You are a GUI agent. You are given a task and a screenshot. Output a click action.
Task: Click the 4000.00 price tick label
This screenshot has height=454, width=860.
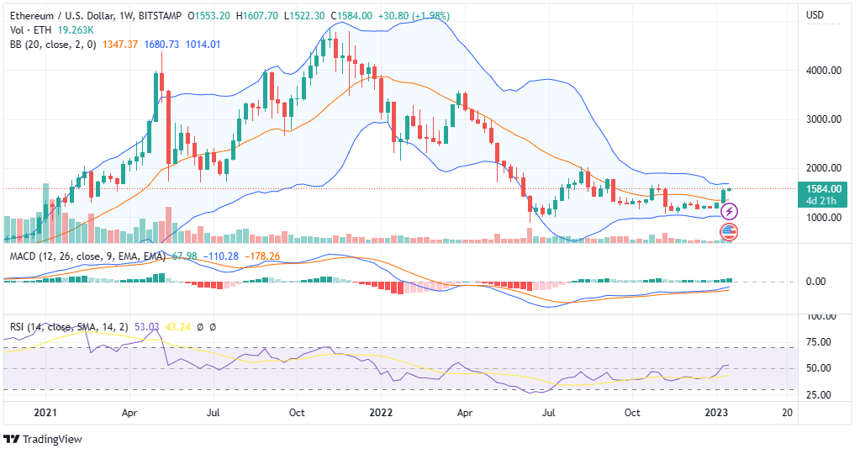(825, 71)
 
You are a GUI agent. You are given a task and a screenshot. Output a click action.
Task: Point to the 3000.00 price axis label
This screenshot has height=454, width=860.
(825, 119)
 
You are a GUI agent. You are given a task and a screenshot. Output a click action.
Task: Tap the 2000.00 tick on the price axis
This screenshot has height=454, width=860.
(825, 168)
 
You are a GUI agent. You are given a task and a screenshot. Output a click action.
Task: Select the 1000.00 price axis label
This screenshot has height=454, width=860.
(825, 218)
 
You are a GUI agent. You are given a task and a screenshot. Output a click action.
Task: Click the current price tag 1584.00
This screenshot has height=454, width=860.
(825, 189)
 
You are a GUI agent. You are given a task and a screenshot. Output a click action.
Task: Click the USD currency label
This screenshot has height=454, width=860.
(815, 15)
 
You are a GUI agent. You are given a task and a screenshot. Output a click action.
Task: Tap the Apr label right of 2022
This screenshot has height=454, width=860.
(463, 413)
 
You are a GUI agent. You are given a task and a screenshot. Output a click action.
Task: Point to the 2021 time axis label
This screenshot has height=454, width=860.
(45, 413)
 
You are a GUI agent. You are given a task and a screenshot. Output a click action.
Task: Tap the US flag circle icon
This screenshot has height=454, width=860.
(729, 231)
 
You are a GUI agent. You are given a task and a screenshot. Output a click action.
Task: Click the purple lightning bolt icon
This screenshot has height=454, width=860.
(730, 211)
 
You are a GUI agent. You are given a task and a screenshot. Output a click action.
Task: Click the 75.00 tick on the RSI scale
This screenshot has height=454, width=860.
(819, 342)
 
